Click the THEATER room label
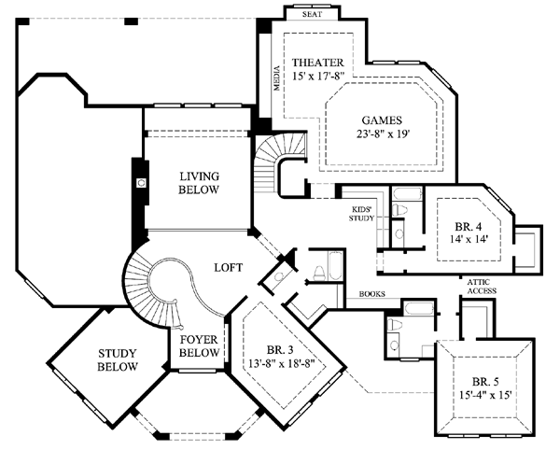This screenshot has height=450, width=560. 318,63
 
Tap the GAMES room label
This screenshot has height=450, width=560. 382,120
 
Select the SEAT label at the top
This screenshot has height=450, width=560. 312,14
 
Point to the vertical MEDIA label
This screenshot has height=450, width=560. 277,77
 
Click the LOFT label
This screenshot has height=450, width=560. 229,268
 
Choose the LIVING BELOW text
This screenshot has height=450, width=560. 199,183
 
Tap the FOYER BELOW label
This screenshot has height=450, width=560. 199,346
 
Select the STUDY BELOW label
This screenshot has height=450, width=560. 118,360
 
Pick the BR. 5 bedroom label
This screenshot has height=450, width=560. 485,382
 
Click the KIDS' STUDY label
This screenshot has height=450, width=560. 361,214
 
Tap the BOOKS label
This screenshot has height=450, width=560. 372,294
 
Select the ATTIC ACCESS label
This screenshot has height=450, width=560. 482,287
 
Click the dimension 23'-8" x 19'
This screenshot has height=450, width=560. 383,134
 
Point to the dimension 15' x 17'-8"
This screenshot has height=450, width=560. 318,77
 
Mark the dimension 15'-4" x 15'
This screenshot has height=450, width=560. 485,395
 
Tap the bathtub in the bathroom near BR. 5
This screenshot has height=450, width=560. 418,308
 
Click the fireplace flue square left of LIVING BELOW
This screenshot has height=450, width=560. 141,183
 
